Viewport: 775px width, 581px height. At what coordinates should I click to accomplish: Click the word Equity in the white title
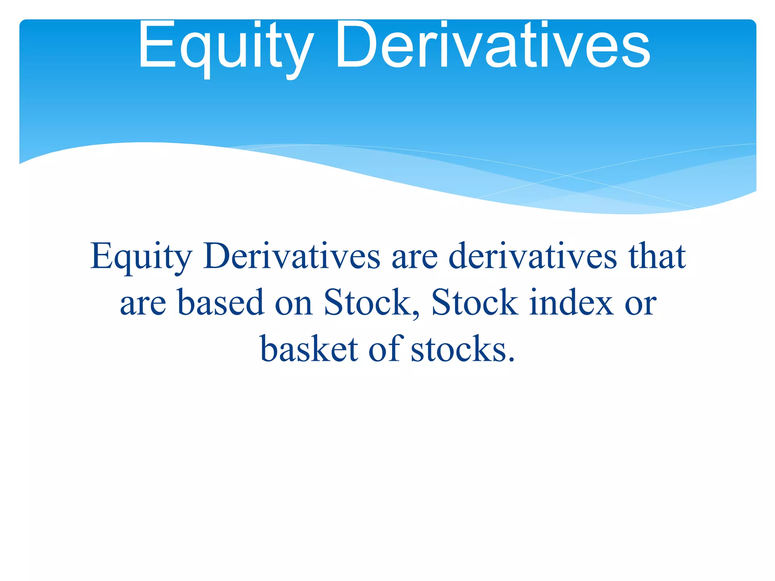tap(226, 47)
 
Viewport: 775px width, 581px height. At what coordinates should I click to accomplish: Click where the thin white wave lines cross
tap(566, 176)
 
